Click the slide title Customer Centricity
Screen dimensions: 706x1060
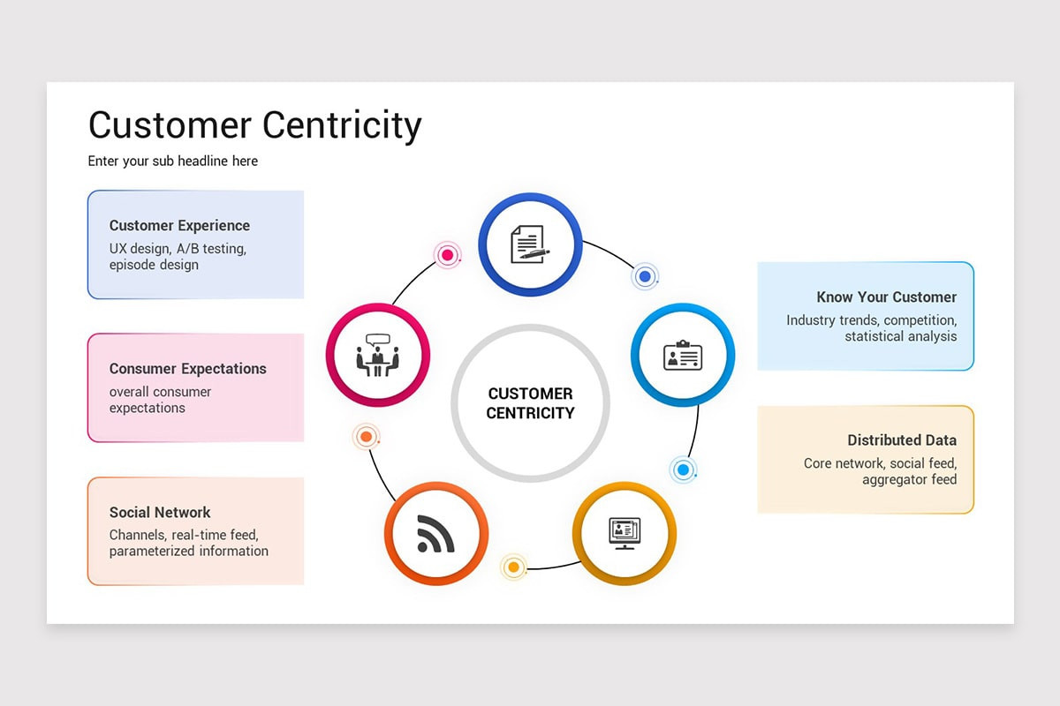click(x=254, y=125)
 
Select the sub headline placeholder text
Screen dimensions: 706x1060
click(x=173, y=161)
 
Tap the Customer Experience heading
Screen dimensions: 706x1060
click(x=179, y=226)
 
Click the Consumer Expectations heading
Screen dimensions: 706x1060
click(x=187, y=369)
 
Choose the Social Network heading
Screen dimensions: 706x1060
click(x=160, y=512)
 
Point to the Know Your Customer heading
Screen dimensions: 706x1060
click(x=886, y=297)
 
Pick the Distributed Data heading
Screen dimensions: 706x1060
click(x=901, y=440)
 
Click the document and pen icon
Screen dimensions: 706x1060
click(x=529, y=244)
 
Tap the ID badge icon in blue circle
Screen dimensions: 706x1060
click(x=682, y=356)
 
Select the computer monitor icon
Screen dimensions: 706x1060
click(x=625, y=533)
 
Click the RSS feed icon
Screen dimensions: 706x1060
click(x=435, y=533)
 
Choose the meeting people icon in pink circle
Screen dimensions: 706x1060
click(x=377, y=355)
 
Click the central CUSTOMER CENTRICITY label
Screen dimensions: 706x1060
click(x=530, y=403)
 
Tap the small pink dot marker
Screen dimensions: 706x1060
click(x=448, y=256)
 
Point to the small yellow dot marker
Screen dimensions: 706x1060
click(x=513, y=567)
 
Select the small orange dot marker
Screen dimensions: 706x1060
click(x=366, y=436)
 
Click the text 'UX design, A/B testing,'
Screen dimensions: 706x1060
click(x=178, y=249)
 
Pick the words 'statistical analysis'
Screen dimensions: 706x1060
click(x=900, y=336)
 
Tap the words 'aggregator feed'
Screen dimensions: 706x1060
click(x=909, y=479)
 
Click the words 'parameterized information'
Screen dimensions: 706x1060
click(x=188, y=551)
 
